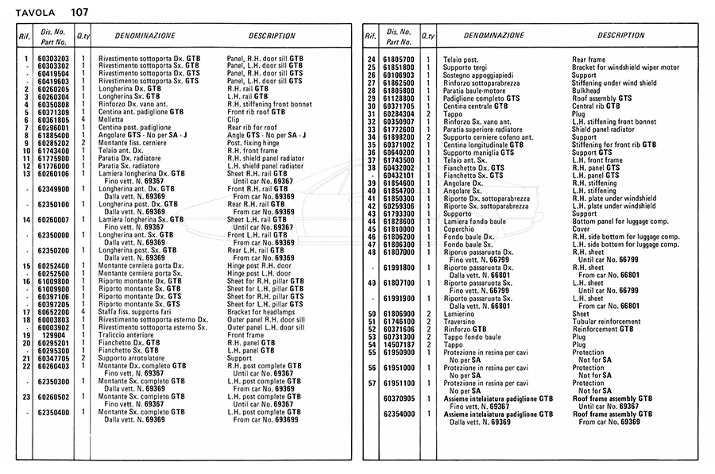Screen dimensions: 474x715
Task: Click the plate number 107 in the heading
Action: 79,11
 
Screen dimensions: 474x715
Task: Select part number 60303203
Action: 54,59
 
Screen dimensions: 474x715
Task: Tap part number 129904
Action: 54,335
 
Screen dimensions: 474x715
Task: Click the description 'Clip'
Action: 234,120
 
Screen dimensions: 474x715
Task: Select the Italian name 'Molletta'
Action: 112,120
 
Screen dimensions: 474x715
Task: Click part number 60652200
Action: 54,312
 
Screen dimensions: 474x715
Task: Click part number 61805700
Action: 398,60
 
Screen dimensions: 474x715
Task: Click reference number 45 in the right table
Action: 371,229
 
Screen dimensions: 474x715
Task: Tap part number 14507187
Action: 398,344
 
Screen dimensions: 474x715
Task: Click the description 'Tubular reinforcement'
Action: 609,321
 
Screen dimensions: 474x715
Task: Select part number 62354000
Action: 398,414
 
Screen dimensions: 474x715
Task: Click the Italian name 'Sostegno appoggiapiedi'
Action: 480,75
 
